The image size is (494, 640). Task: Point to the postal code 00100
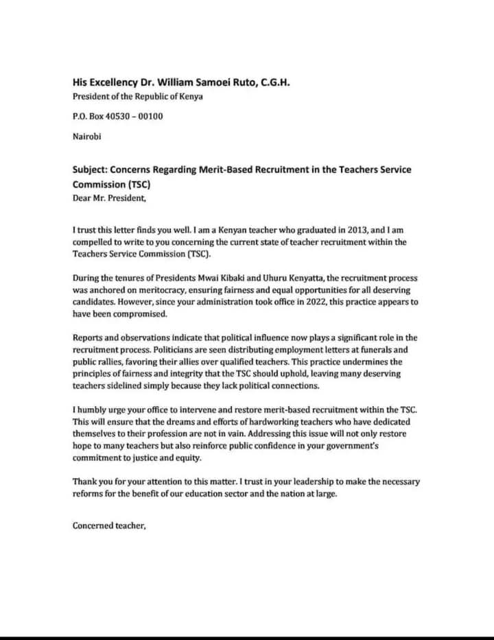[x=151, y=116]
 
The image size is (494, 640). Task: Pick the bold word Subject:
[x=92, y=169]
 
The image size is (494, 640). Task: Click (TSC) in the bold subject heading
[x=137, y=185]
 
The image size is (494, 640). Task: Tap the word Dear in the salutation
[x=83, y=198]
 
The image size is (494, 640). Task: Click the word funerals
[x=385, y=349]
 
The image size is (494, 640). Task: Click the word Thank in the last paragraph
[x=86, y=482]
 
